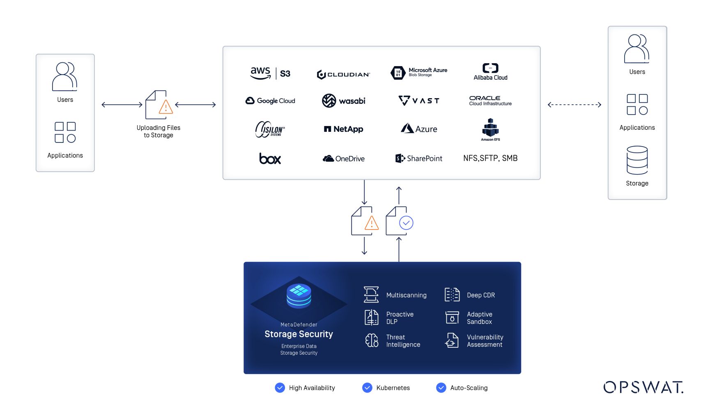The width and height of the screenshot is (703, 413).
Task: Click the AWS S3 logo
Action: (x=270, y=73)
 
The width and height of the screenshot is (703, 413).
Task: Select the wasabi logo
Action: (x=343, y=101)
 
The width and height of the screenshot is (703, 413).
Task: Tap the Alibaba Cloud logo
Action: (x=490, y=72)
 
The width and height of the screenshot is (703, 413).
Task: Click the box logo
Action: (x=270, y=158)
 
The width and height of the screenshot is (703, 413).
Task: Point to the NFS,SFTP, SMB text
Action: (x=490, y=158)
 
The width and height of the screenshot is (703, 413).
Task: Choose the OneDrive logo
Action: (x=343, y=158)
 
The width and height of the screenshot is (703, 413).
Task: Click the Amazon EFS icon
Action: (x=490, y=128)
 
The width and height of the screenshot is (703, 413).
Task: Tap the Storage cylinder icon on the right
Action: (x=637, y=160)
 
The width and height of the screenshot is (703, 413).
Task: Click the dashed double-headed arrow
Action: (x=574, y=105)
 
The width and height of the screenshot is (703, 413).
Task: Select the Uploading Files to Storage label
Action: (x=159, y=131)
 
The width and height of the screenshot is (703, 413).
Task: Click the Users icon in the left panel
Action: (x=65, y=77)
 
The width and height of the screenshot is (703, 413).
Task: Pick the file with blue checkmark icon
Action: (x=399, y=222)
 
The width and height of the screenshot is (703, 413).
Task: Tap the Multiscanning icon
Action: (x=371, y=295)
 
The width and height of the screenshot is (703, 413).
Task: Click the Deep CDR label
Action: (x=481, y=295)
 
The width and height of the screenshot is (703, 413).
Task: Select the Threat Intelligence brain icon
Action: (x=372, y=340)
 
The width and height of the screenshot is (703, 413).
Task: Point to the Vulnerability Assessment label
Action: (x=485, y=341)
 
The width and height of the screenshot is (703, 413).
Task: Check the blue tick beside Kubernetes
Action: (x=367, y=388)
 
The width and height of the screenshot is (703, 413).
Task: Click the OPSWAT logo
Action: (x=643, y=387)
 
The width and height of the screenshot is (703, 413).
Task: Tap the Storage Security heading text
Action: (x=299, y=334)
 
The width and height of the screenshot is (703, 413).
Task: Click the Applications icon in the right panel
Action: (x=637, y=104)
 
